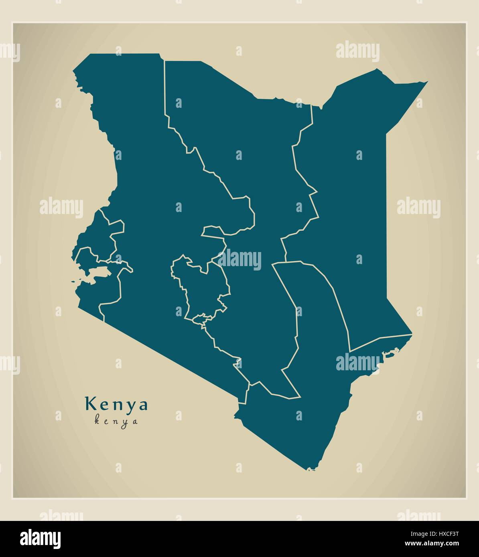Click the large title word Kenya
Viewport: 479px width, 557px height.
(x=116, y=404)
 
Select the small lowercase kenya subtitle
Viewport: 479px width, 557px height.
(x=116, y=421)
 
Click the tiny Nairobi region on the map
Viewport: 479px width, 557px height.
(x=201, y=319)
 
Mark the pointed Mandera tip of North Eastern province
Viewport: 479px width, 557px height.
(x=426, y=82)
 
